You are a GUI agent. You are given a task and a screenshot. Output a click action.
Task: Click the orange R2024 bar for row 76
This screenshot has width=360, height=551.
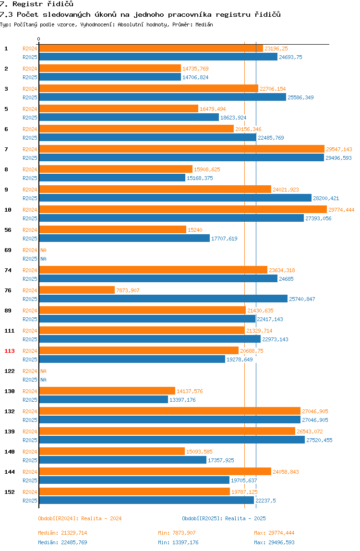click(x=77, y=290)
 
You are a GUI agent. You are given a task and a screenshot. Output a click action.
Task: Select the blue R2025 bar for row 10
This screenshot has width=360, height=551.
click(x=171, y=218)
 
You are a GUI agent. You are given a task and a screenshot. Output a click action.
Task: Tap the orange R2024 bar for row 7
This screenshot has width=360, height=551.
click(x=182, y=149)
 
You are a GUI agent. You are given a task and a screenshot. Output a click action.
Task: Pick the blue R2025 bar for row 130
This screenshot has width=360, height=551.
click(x=104, y=399)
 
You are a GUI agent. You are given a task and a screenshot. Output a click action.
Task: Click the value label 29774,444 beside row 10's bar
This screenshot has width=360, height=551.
click(x=341, y=210)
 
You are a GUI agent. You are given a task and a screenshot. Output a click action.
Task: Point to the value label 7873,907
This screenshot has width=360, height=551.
click(x=128, y=290)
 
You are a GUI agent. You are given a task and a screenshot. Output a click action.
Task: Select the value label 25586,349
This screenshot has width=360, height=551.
click(x=300, y=97)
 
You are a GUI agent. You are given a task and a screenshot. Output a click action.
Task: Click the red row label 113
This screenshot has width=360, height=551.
click(x=10, y=351)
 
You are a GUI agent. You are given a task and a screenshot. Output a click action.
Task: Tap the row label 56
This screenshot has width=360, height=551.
click(x=8, y=230)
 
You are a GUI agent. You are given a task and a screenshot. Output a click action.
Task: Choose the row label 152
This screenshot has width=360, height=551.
click(x=10, y=492)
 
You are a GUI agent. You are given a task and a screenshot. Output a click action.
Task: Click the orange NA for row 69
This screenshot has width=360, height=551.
click(x=43, y=250)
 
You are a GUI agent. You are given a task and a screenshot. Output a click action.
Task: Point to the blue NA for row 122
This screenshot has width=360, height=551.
click(x=43, y=380)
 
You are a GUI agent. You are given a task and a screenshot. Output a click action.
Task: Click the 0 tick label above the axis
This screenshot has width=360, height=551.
click(x=39, y=39)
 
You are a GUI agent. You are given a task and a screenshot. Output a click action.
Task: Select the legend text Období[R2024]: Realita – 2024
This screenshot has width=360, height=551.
click(x=80, y=518)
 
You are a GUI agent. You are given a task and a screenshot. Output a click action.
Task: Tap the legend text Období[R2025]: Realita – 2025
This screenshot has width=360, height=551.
click(x=224, y=518)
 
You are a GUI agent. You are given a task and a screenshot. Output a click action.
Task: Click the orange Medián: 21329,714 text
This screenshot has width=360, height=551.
click(x=62, y=533)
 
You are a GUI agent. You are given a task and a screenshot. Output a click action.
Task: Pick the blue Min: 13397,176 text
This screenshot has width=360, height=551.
click(x=178, y=542)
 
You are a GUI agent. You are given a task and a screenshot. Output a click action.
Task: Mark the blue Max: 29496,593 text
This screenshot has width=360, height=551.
click(x=274, y=542)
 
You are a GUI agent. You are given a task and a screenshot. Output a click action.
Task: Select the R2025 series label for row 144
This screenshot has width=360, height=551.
click(x=30, y=480)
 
